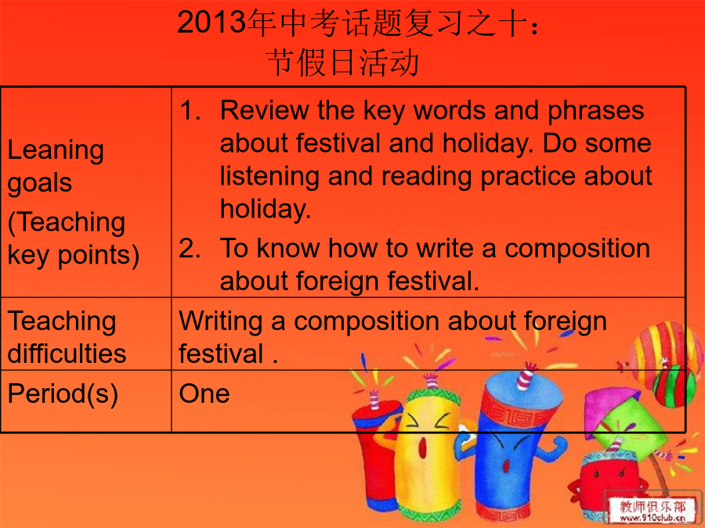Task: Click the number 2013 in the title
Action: coord(211,22)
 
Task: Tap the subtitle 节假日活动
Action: coord(342,62)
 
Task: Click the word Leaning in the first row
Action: coord(56,150)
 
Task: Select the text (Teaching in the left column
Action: coord(67,222)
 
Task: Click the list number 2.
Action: coord(190,248)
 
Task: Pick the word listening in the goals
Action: coord(269,177)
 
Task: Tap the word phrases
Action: coord(596,111)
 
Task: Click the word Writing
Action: coord(221,322)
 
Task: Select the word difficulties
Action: coord(67,353)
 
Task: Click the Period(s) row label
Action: coord(63,393)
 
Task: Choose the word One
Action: coord(204,393)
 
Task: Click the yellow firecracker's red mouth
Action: coord(423,447)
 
